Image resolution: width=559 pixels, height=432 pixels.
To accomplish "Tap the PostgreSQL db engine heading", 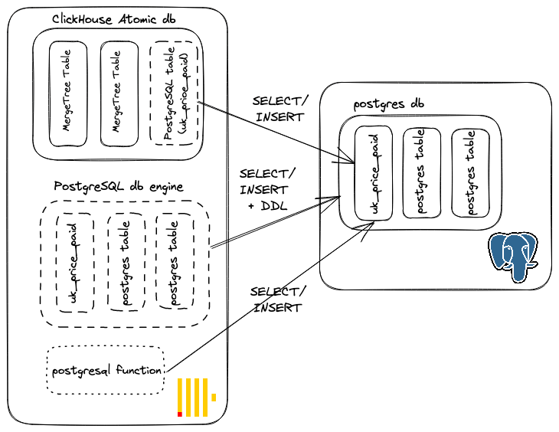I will (x=119, y=186).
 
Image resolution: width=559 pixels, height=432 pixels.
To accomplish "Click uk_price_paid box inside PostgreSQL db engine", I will (x=75, y=262).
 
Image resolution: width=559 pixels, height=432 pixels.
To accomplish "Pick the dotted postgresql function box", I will (x=106, y=371).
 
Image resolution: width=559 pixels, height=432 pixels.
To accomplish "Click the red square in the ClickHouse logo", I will (x=180, y=414).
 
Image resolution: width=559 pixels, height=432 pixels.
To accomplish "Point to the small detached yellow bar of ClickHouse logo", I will (x=214, y=398).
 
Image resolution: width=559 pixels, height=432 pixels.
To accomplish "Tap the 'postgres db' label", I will (x=389, y=103).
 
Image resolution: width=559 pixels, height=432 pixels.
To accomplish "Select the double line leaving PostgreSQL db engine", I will (x=276, y=222).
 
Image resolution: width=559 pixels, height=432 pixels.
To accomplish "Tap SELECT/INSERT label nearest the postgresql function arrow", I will (x=277, y=299).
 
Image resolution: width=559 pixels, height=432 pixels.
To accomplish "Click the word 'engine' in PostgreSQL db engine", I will (x=162, y=186).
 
